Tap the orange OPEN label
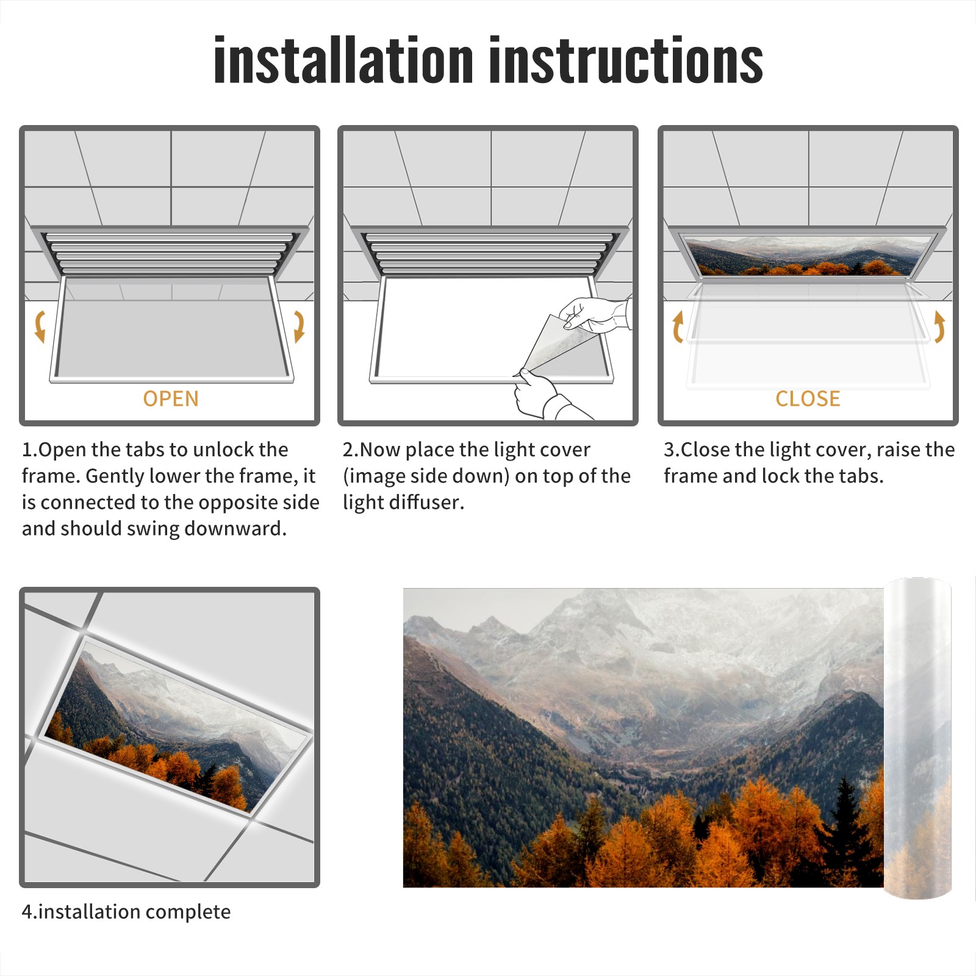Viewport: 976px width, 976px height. click(x=171, y=399)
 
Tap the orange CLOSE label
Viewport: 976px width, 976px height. click(x=808, y=399)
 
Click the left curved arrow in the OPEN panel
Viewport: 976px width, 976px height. click(x=40, y=326)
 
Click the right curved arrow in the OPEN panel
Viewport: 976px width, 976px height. click(x=299, y=326)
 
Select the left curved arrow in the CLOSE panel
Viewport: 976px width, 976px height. click(x=677, y=326)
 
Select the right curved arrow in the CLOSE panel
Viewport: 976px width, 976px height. click(x=939, y=326)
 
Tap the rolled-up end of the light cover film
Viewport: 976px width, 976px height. click(x=917, y=738)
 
